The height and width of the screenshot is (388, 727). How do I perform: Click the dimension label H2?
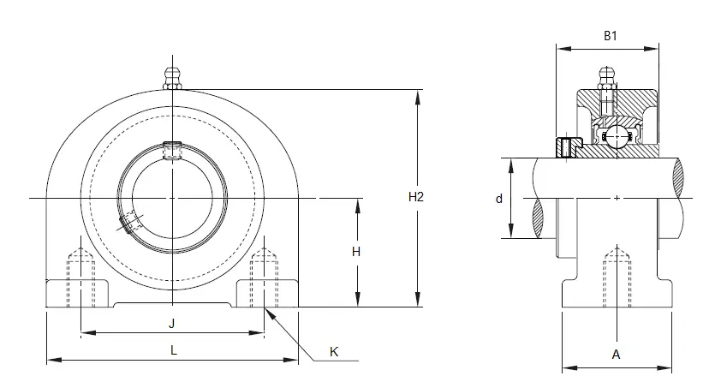click(x=416, y=197)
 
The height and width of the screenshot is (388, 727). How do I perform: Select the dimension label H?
click(x=355, y=252)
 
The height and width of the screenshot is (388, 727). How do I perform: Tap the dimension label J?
click(x=171, y=324)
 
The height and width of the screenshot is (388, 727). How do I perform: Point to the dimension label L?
click(x=174, y=350)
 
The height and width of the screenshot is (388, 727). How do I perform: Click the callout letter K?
click(x=334, y=352)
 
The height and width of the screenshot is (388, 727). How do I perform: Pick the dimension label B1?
click(x=611, y=36)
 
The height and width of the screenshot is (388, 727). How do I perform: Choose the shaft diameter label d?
click(x=499, y=199)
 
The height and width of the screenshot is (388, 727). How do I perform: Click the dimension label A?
click(x=616, y=355)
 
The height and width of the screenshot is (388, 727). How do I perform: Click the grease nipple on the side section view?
click(x=605, y=78)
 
